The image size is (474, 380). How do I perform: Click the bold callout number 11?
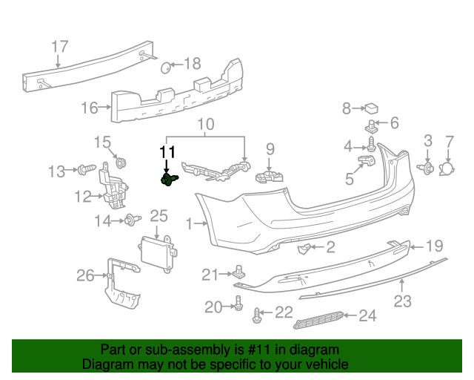click(x=168, y=153)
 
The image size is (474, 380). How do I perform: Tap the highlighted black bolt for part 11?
click(x=168, y=180)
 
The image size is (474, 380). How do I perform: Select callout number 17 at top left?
click(x=60, y=47)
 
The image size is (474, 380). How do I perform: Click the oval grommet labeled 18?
click(x=167, y=68)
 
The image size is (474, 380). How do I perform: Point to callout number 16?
click(x=89, y=108)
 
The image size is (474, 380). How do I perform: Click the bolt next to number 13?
click(x=84, y=171)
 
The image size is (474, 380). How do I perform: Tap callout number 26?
click(x=85, y=276)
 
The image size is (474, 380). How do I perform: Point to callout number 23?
click(x=402, y=301)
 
